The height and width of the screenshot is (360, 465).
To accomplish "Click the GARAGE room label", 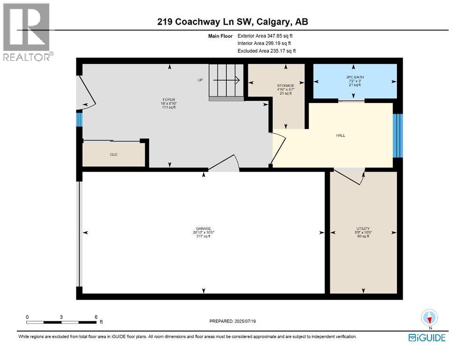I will (203, 229).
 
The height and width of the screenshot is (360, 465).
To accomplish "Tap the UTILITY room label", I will (363, 229).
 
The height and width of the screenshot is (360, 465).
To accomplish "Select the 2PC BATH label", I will (354, 76).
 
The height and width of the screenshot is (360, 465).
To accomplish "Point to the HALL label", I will (340, 135).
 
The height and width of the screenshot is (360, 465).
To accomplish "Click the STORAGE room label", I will (285, 86).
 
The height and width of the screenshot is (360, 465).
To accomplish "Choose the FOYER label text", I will (169, 99).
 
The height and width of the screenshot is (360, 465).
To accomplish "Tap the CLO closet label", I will (113, 154).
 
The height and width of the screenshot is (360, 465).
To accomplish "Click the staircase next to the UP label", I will (226, 83).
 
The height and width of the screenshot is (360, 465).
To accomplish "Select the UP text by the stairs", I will (200, 80).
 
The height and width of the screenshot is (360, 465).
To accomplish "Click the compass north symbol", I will (429, 318).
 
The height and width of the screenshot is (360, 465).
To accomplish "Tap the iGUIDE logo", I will (427, 337).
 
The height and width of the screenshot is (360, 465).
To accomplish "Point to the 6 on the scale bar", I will (96, 317).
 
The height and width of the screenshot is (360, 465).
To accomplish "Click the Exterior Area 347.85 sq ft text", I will (266, 36).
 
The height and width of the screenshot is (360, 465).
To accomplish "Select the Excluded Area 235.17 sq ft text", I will (266, 51).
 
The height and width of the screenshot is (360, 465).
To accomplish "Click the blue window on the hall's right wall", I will (398, 136).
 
